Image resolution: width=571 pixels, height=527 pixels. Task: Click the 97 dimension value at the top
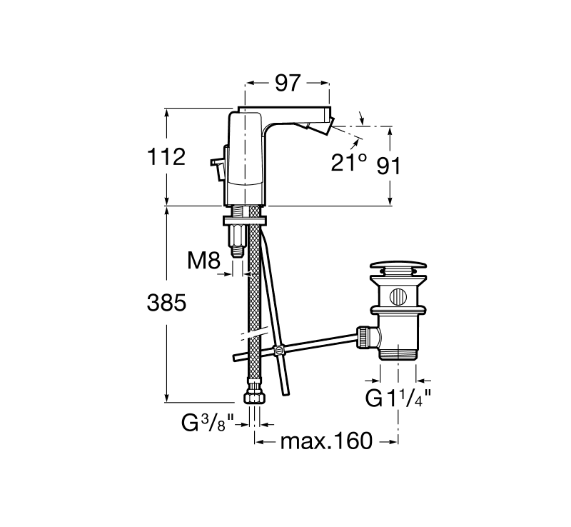click(288, 83)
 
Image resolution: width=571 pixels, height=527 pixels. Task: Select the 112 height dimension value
click(166, 157)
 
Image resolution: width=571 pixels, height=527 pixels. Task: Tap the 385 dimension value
click(166, 303)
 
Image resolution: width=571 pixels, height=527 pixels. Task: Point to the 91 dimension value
click(388, 166)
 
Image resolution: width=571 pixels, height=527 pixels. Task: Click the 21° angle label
click(348, 162)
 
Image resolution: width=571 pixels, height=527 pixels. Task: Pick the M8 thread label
click(203, 261)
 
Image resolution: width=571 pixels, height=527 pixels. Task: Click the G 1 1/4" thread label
click(398, 398)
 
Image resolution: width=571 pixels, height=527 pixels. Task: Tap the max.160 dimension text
click(327, 441)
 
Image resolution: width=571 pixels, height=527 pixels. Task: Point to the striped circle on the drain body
click(398, 296)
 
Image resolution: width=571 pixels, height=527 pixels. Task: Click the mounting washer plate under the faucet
click(245, 220)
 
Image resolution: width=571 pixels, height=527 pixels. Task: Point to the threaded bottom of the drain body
click(398, 353)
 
